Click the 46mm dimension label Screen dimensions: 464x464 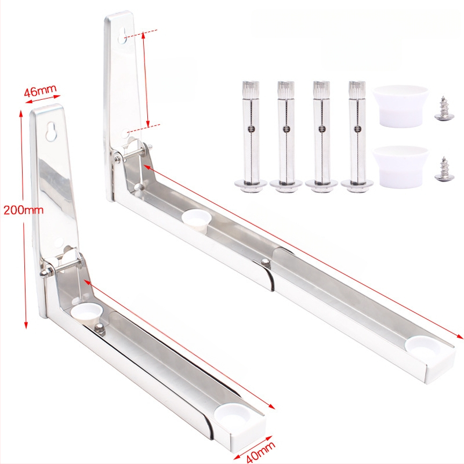pos(40,91)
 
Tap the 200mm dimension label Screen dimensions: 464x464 pos(23,210)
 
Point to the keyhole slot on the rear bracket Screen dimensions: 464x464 pos(122,36)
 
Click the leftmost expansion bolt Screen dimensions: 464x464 pos(251,137)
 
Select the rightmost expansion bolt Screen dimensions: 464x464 pos(357,137)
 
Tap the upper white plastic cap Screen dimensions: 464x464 pos(400,106)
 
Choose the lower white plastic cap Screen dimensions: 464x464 pos(400,167)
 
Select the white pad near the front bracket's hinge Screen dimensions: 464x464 pos(86,313)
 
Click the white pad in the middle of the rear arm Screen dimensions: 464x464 pos(197,219)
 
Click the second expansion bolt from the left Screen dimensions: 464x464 pos(286,137)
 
